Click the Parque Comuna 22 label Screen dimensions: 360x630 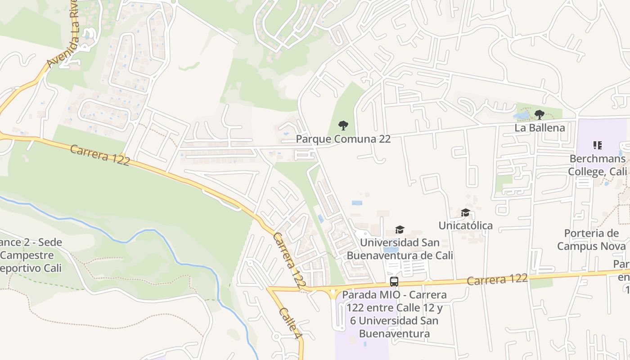[x=343, y=139]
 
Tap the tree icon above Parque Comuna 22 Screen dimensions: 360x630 [x=343, y=125]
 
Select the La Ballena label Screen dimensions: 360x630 [x=540, y=128]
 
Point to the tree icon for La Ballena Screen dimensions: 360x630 [x=540, y=115]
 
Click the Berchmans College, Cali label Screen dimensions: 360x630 [x=597, y=165]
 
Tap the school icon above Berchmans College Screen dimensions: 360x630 [x=597, y=145]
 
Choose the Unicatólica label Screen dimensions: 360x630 [x=465, y=225]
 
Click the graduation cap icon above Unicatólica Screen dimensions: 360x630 [x=465, y=212]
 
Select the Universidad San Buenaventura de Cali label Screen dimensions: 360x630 [x=400, y=249]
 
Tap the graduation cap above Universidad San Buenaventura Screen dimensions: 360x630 [x=400, y=230]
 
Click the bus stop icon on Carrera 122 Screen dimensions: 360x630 [x=394, y=282]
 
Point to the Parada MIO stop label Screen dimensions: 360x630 [x=394, y=314]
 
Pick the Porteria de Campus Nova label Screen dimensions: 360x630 [x=591, y=240]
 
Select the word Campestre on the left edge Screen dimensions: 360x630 [x=27, y=255]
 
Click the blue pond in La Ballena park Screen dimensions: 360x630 [x=521, y=116]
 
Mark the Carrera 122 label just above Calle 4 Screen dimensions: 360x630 [x=290, y=261]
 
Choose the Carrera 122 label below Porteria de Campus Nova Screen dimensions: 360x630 [x=497, y=279]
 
